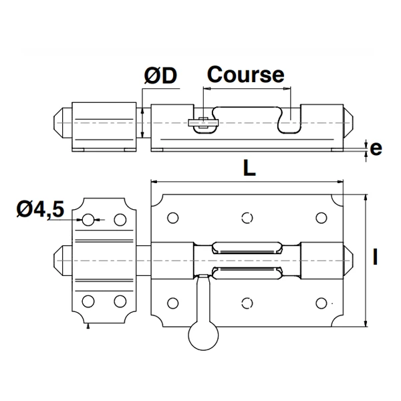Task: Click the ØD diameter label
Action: tap(160, 77)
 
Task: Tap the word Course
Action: tap(246, 74)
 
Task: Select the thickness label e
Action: tap(376, 148)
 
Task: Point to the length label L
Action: tap(249, 169)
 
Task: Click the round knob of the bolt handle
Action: tap(203, 336)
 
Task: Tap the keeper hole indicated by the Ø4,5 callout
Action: tap(88, 219)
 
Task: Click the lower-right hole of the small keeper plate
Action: tap(120, 300)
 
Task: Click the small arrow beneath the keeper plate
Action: tap(88, 327)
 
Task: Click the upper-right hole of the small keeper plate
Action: tap(120, 219)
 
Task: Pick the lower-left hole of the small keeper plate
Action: tap(88, 300)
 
